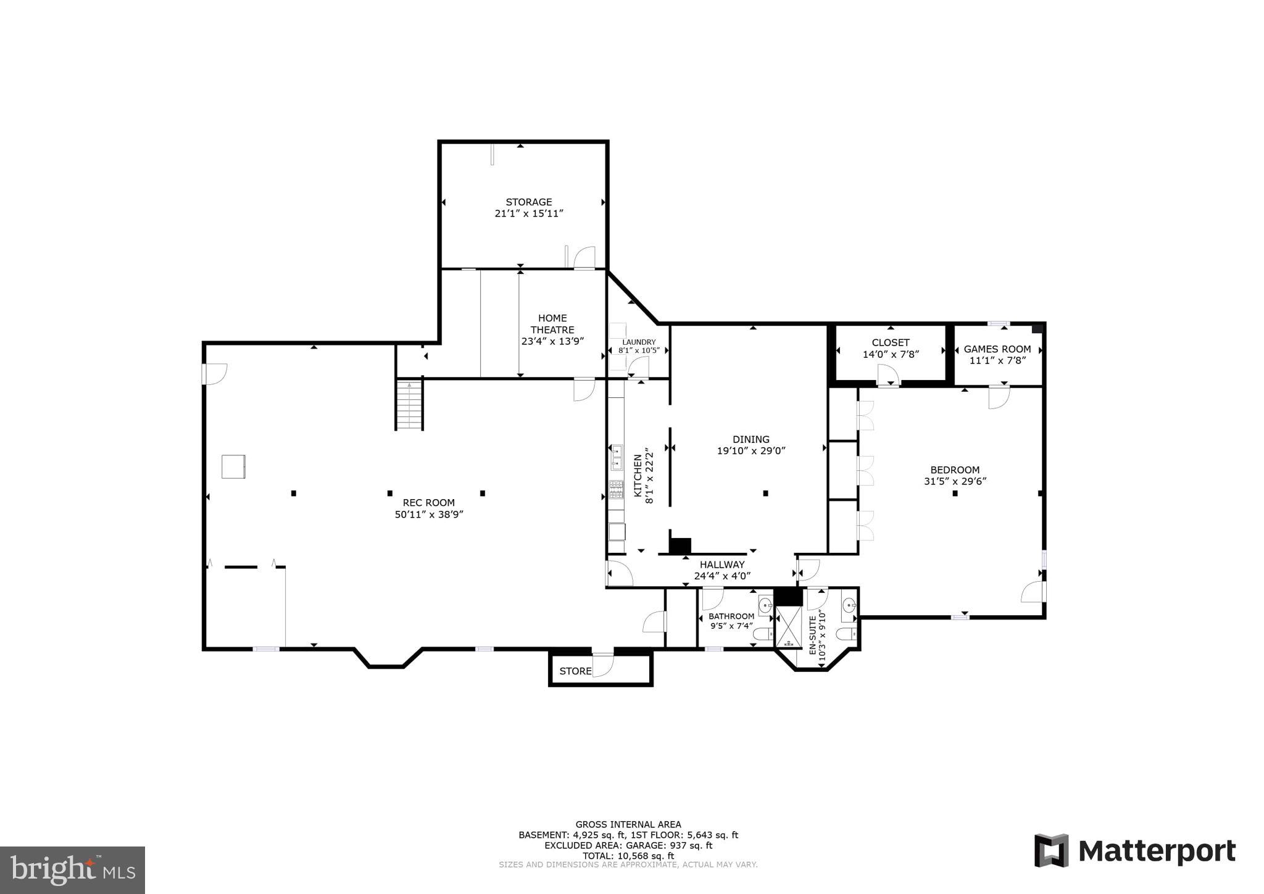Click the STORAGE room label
pyautogui.click(x=528, y=202)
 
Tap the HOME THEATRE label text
pyautogui.click(x=552, y=324)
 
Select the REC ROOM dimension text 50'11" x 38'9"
pyautogui.click(x=429, y=515)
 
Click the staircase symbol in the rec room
pyautogui.click(x=409, y=405)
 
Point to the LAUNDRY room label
pyautogui.click(x=639, y=342)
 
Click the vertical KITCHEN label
pyautogui.click(x=638, y=476)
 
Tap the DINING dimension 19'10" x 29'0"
pyautogui.click(x=750, y=451)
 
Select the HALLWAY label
pyautogui.click(x=721, y=565)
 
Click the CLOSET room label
pyautogui.click(x=890, y=342)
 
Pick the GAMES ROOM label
pyautogui.click(x=997, y=349)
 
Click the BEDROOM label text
pyautogui.click(x=955, y=470)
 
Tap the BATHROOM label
pyautogui.click(x=731, y=616)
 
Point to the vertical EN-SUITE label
pyautogui.click(x=813, y=634)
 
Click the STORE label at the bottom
pyautogui.click(x=575, y=671)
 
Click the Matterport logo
pyautogui.click(x=1134, y=851)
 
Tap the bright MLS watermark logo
pyautogui.click(x=72, y=870)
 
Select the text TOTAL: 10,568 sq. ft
pyautogui.click(x=628, y=856)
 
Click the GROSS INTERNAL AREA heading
pyautogui.click(x=628, y=824)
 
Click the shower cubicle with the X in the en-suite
pyautogui.click(x=787, y=626)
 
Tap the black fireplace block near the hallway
pyautogui.click(x=680, y=546)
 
